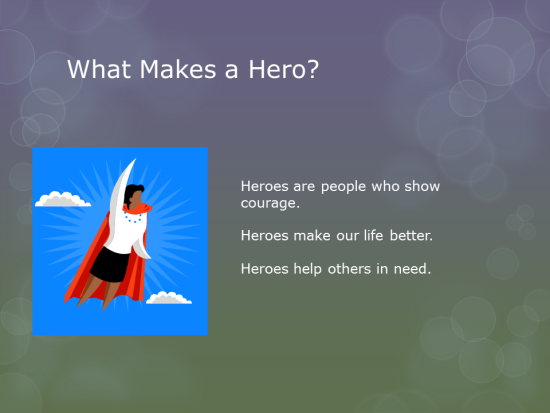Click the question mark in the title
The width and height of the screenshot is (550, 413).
pos(313,70)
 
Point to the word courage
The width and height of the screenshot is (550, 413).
pos(268,203)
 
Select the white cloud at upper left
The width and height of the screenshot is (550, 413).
pos(62,199)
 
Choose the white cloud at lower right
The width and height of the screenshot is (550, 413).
pos(169,297)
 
